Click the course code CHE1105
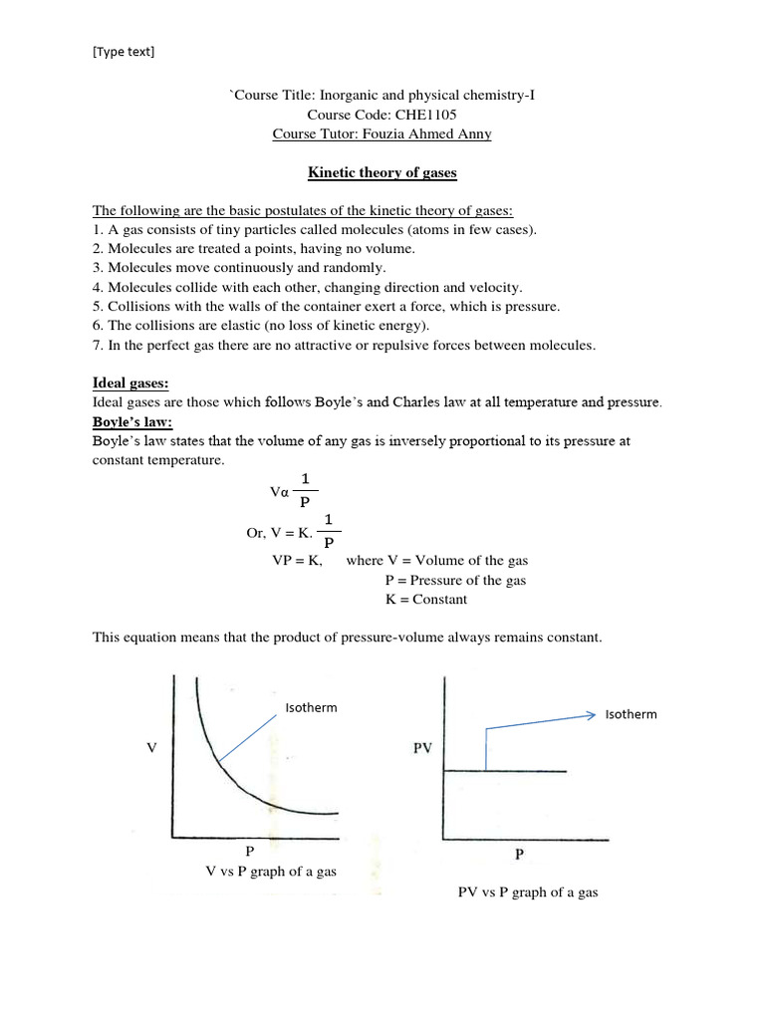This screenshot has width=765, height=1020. coord(412,116)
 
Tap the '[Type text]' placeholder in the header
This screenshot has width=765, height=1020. coord(124,52)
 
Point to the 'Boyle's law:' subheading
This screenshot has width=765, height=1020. coord(132,421)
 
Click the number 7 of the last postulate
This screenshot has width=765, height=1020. coord(98,346)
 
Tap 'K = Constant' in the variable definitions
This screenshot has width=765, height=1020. coord(425,600)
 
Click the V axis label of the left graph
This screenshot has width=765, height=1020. coord(151,746)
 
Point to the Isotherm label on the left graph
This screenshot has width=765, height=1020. coord(311,708)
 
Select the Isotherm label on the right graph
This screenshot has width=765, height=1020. coord(631,714)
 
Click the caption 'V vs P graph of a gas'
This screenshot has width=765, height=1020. coord(270,872)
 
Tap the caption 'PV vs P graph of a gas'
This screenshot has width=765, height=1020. coord(527,892)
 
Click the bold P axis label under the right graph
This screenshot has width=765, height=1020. coord(519,855)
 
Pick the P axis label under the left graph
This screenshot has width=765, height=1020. coord(250,852)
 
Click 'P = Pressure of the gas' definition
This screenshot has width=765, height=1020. coord(455,580)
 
